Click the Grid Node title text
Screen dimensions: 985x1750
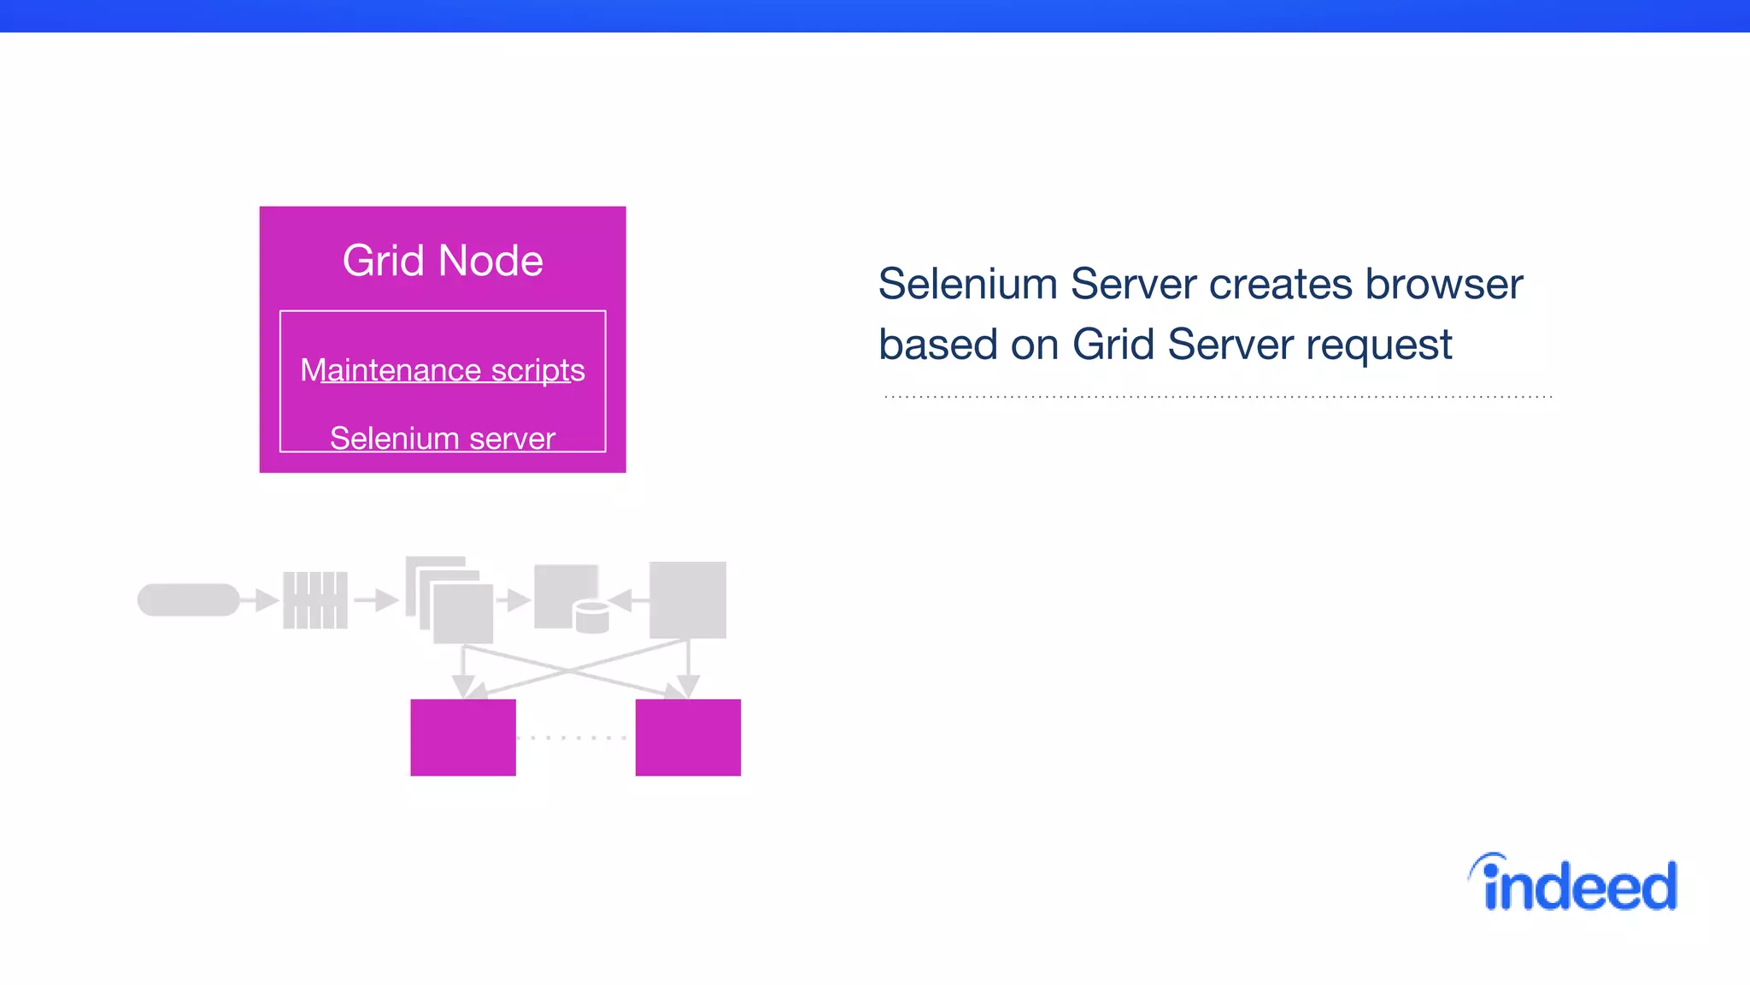click(443, 261)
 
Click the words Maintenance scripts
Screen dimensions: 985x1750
click(443, 370)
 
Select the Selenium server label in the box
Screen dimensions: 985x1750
click(443, 438)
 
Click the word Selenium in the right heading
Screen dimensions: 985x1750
click(967, 284)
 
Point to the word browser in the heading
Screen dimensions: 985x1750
click(1443, 284)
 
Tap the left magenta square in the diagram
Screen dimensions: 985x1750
click(463, 737)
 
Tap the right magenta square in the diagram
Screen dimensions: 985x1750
click(688, 737)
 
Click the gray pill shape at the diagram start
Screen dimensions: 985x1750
click(189, 599)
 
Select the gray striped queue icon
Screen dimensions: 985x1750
click(315, 599)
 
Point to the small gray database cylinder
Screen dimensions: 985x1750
click(591, 616)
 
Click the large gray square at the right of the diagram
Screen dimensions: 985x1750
click(688, 599)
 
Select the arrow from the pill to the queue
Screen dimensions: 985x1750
click(260, 599)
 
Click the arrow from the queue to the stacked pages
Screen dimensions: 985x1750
click(377, 599)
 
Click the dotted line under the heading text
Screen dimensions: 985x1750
click(1218, 397)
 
